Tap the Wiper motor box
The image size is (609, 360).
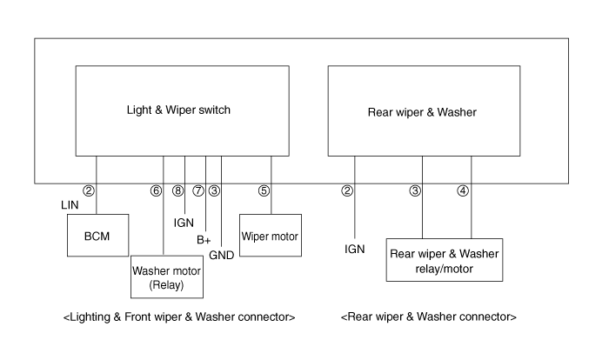coord(270,237)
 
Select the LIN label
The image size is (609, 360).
coord(71,205)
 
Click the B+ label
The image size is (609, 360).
coord(204,238)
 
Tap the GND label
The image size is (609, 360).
coord(221,255)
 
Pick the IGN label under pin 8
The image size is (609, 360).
coord(184,223)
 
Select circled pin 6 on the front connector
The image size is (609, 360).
coord(156,190)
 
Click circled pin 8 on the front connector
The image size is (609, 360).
coord(178,190)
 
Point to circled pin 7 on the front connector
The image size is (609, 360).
coord(198,190)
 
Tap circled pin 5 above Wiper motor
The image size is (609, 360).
coord(264,190)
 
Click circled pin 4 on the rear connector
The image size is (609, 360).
coord(463,190)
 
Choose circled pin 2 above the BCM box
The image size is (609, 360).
coord(88,190)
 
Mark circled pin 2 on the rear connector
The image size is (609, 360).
coord(347,190)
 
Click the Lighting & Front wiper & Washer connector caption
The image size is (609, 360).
coord(179,317)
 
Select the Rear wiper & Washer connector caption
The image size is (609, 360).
coord(429,317)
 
